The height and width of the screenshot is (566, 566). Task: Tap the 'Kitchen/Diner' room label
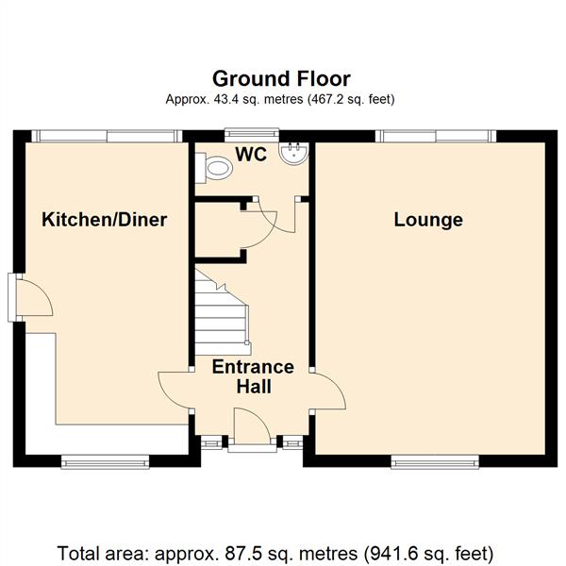pos(105,220)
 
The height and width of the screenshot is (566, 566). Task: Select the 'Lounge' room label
pos(428,220)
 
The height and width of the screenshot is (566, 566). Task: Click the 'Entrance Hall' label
pos(253,376)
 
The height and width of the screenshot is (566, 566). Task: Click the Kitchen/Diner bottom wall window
pos(105,461)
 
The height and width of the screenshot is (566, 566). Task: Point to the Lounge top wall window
pos(435,137)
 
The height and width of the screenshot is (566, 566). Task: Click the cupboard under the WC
pos(219,227)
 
